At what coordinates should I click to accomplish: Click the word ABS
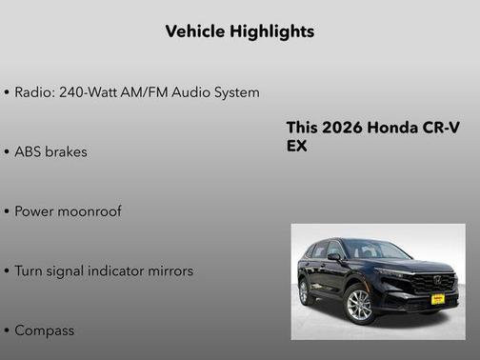pyautogui.click(x=30, y=151)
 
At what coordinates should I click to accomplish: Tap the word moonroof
pyautogui.click(x=89, y=211)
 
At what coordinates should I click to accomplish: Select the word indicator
pyautogui.click(x=121, y=271)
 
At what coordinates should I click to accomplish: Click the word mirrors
pyautogui.click(x=172, y=271)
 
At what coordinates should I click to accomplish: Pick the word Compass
pyautogui.click(x=44, y=330)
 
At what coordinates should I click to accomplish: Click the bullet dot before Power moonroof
pyautogui.click(x=7, y=211)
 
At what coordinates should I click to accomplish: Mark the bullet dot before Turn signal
pyautogui.click(x=7, y=271)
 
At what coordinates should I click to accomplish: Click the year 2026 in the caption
pyautogui.click(x=339, y=129)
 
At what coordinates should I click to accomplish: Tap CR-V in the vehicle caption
pyautogui.click(x=440, y=129)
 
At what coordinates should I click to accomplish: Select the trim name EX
pyautogui.click(x=296, y=148)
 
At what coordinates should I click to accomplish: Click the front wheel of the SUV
pyautogui.click(x=359, y=305)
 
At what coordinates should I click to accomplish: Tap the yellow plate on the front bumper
pyautogui.click(x=437, y=297)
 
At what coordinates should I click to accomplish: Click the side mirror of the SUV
pyautogui.click(x=334, y=256)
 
